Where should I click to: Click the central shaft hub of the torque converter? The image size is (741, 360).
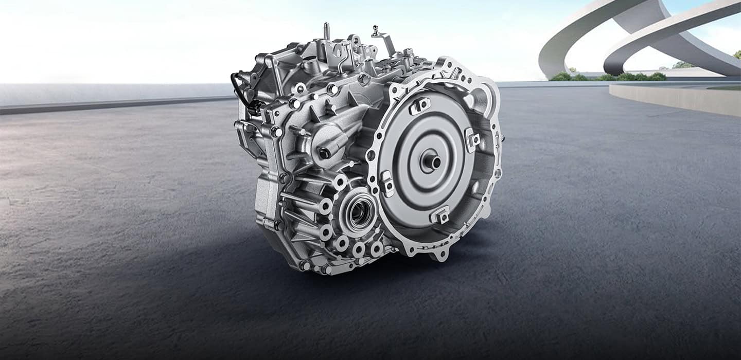(x=431, y=162)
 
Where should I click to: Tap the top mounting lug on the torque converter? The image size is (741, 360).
(x=420, y=105)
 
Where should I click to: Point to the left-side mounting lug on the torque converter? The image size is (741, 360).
(x=387, y=184)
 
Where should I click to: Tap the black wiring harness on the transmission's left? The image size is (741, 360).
(x=242, y=93)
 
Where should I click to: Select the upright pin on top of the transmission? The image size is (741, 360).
(x=326, y=31)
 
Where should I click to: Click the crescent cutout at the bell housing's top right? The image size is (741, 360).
(x=479, y=98)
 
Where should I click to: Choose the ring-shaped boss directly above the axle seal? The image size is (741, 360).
(x=339, y=182)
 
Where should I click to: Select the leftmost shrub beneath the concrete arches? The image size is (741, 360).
(x=561, y=77)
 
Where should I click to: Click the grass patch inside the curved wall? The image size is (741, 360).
(x=726, y=88)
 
